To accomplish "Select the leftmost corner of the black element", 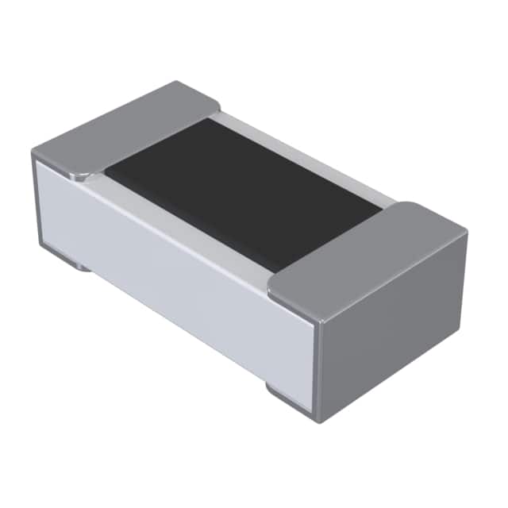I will pyautogui.click(x=106, y=170).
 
